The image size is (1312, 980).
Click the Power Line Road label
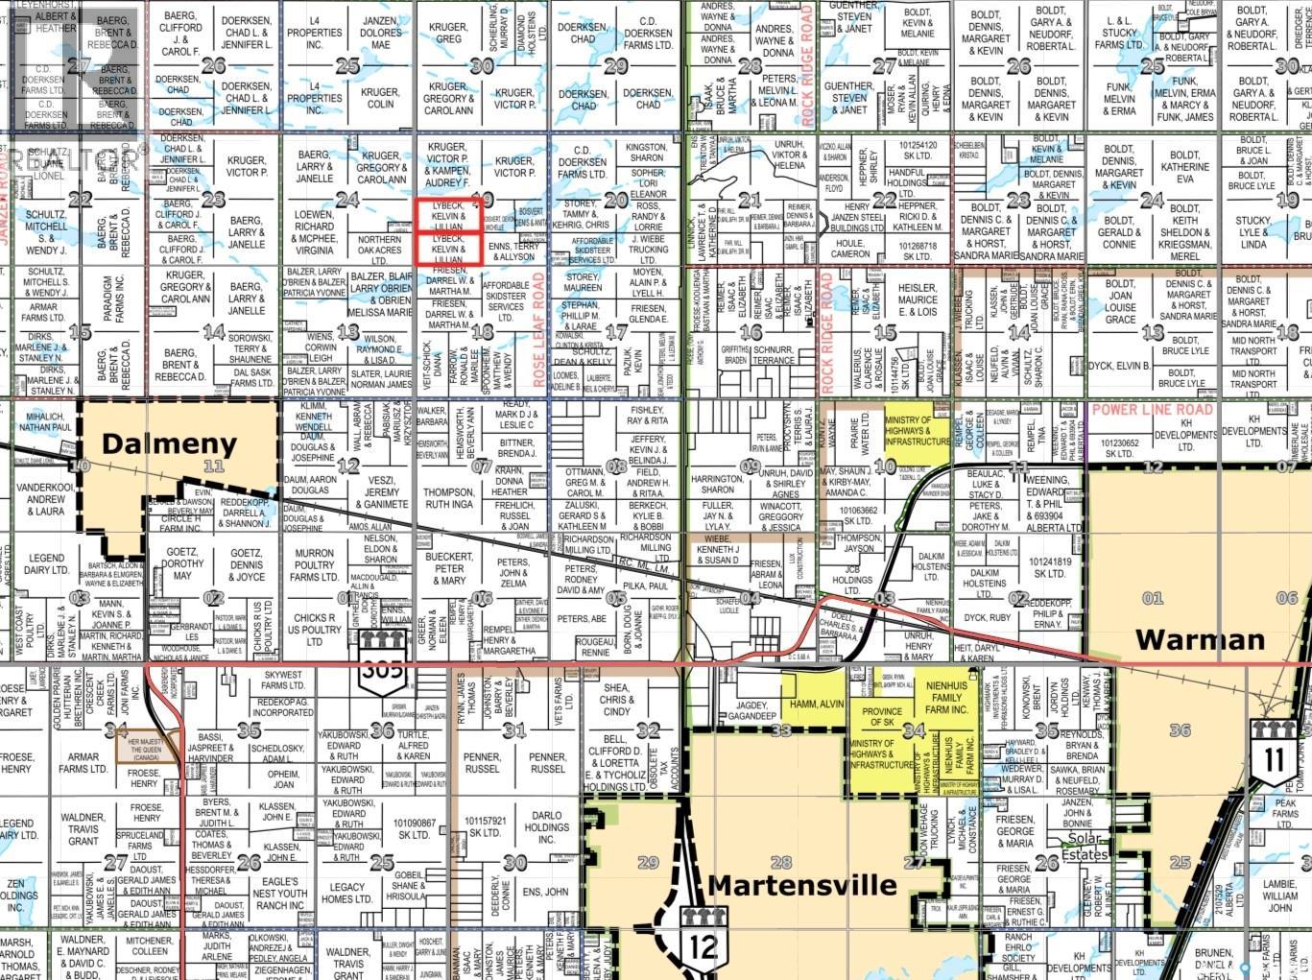pos(1153,409)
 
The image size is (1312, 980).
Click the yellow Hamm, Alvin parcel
pos(816,704)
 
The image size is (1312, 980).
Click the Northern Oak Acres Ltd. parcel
pos(379,250)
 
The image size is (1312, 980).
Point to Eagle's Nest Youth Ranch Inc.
pos(279,893)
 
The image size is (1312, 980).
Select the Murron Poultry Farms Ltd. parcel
pos(314,565)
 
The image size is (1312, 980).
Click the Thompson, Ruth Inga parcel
pos(448,499)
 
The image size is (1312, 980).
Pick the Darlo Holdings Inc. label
pos(546,826)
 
